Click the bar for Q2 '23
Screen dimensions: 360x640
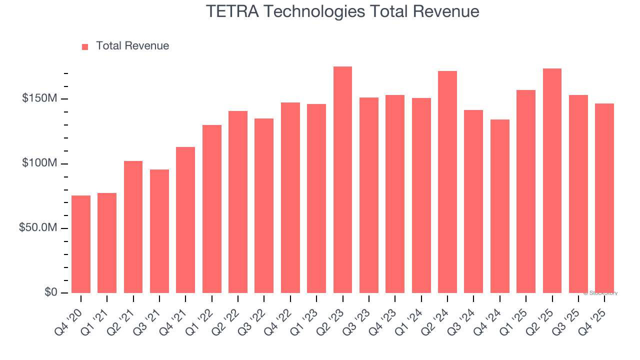(342, 180)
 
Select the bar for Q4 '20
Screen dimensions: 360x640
(81, 244)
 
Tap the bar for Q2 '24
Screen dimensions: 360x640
(447, 182)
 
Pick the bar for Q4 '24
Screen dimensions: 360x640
(499, 206)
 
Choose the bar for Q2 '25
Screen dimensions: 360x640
(552, 180)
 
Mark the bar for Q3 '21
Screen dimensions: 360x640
(159, 231)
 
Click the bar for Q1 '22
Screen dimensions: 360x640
(211, 209)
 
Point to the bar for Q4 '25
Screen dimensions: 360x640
(604, 198)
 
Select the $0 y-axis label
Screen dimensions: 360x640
(50, 292)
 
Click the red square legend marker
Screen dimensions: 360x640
(85, 46)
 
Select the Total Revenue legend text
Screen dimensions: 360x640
(132, 46)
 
